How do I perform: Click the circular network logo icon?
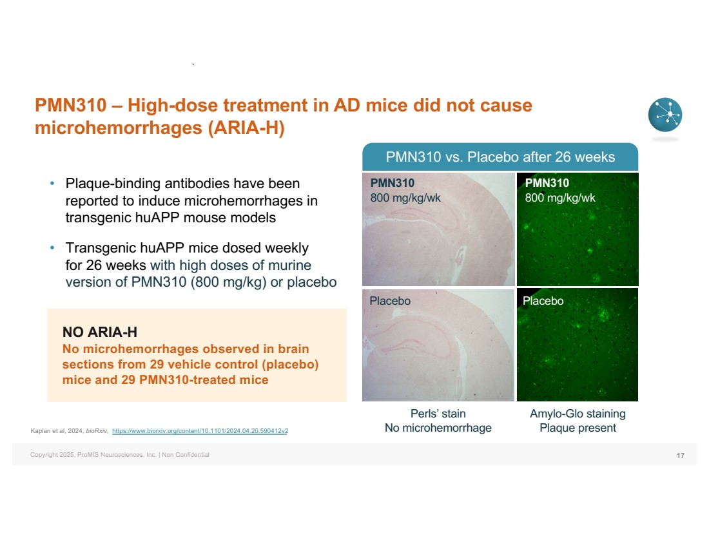pos(665,115)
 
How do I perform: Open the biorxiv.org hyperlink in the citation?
pos(200,431)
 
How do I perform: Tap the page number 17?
pos(681,456)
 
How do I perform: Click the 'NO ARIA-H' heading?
pos(99,332)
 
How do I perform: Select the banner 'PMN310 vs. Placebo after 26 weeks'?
pos(500,157)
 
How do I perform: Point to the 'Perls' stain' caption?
pos(438,414)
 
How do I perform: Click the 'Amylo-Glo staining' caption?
pos(578,414)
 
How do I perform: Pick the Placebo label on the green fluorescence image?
pos(543,301)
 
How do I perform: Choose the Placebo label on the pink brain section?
pos(390,301)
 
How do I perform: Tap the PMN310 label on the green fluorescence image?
pos(547,182)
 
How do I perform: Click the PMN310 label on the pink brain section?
pos(393,182)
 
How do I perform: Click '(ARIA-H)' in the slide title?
pos(246,128)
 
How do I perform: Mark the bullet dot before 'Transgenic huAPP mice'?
pos(52,248)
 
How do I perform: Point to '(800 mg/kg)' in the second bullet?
pos(228,282)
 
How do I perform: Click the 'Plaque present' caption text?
pos(578,428)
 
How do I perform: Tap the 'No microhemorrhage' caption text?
pos(438,428)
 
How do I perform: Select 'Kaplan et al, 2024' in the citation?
pos(57,431)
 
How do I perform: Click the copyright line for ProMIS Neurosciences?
pos(120,455)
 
